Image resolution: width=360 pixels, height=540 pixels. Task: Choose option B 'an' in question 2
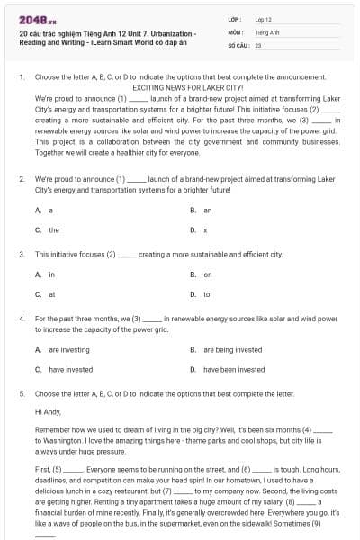(207, 210)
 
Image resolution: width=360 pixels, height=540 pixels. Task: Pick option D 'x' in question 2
(205, 230)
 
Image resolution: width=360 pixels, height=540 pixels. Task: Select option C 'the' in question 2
(53, 230)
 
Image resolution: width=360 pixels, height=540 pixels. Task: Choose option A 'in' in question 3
(51, 274)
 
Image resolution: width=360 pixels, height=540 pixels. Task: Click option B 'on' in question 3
(207, 274)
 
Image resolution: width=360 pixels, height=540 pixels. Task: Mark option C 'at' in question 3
(51, 294)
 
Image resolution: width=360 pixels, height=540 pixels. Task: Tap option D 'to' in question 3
(206, 294)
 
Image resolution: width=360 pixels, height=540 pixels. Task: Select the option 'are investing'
(68, 349)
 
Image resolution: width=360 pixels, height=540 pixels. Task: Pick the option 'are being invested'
(232, 349)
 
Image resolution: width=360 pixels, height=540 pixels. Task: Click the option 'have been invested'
(234, 369)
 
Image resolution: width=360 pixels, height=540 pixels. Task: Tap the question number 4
(21, 319)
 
